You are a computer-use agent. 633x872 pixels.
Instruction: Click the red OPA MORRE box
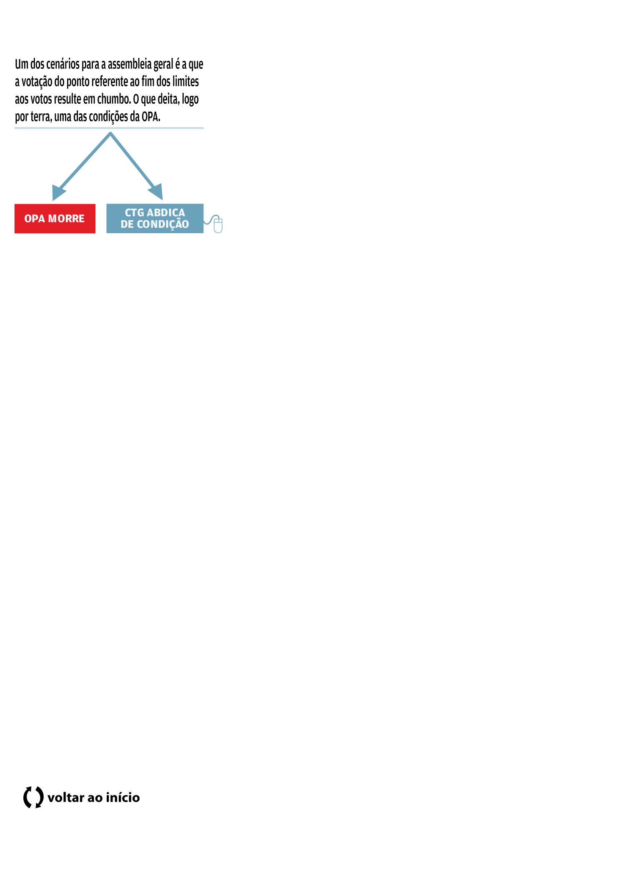point(55,219)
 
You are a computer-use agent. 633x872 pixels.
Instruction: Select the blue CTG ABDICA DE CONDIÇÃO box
point(155,219)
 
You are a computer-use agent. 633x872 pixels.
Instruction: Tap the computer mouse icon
point(218,225)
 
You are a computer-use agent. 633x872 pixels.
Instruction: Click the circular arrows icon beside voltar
point(33,797)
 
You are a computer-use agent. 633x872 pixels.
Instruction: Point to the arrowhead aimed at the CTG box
point(156,192)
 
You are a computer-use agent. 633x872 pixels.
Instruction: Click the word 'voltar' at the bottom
point(66,797)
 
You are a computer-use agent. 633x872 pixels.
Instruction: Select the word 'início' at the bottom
point(123,797)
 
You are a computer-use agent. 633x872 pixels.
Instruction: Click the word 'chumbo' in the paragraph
point(113,99)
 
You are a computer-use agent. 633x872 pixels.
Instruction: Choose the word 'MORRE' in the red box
point(66,219)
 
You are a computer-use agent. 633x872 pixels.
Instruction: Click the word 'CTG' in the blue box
point(134,213)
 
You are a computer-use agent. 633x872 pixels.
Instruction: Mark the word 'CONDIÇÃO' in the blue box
point(163,225)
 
